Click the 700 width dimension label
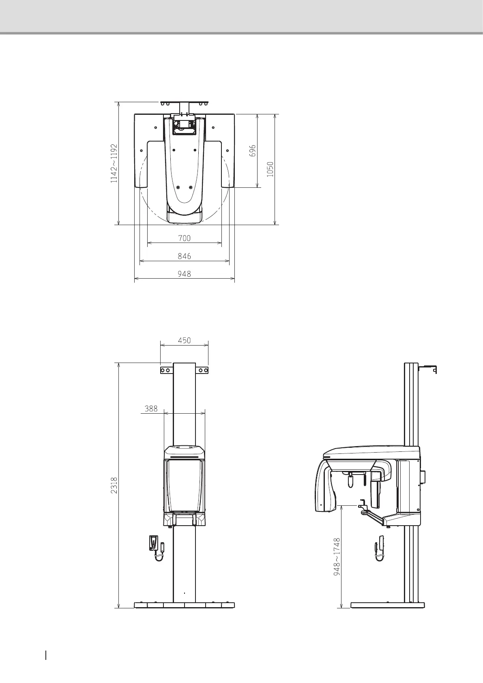coord(184,238)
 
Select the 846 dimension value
coord(184,256)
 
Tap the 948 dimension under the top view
coord(184,274)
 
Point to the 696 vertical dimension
coord(253,150)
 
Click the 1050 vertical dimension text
coord(270,169)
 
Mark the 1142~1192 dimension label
coord(114,163)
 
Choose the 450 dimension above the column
coord(184,340)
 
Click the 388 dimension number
coord(151,408)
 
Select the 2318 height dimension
coord(114,486)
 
